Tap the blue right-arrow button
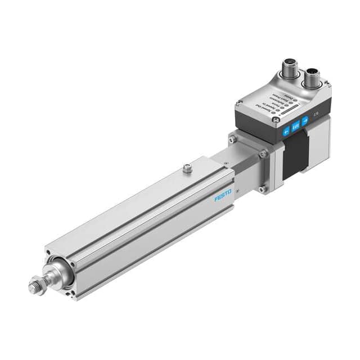click(x=305, y=120)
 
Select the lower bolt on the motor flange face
click(x=262, y=189)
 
